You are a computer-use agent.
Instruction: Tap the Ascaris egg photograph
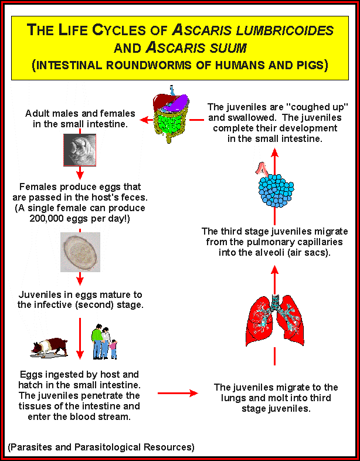click(x=80, y=252)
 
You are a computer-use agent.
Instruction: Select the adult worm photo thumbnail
click(x=80, y=150)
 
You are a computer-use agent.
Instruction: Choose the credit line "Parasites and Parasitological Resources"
click(x=101, y=447)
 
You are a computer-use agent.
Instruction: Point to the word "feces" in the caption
click(x=135, y=198)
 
